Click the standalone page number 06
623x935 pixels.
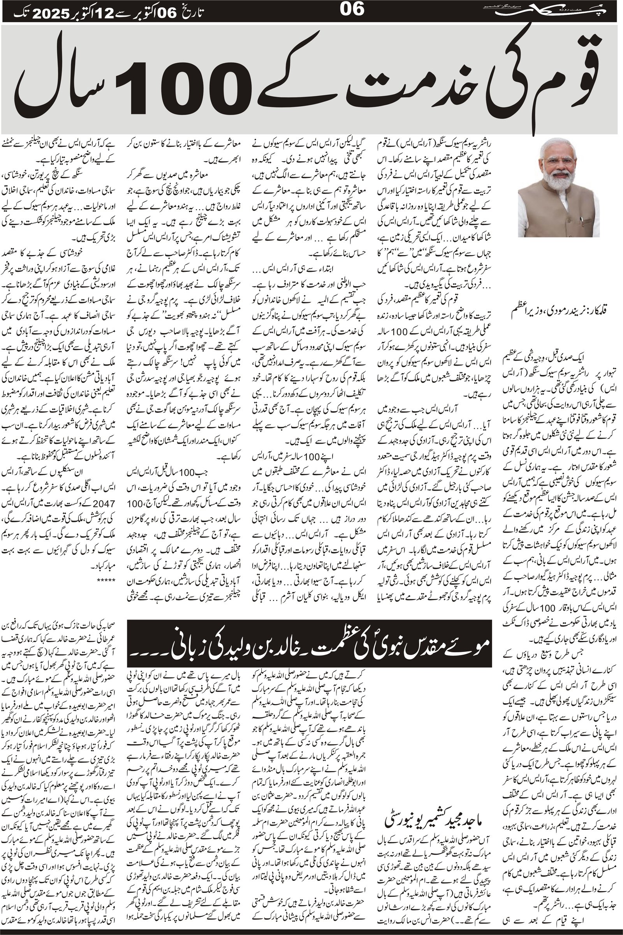click(x=352, y=9)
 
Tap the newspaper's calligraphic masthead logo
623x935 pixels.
click(x=556, y=11)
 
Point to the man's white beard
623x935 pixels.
click(x=558, y=181)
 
